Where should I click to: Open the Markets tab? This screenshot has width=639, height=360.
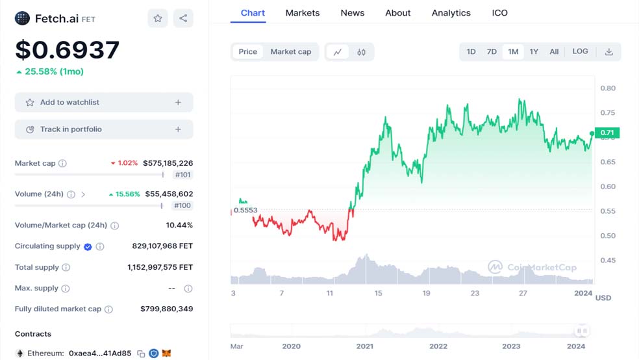click(303, 13)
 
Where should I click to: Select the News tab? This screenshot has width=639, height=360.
click(353, 13)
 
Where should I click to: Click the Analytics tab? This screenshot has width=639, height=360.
click(451, 13)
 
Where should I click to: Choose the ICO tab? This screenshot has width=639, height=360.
click(499, 13)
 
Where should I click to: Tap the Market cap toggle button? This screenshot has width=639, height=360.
click(290, 52)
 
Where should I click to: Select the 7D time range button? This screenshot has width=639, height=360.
click(492, 52)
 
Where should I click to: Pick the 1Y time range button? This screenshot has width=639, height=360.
click(534, 52)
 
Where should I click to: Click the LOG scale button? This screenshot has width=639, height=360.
click(580, 51)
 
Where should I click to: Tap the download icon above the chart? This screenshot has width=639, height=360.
click(609, 52)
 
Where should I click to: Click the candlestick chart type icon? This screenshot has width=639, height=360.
click(361, 52)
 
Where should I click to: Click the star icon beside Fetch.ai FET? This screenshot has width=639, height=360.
click(158, 18)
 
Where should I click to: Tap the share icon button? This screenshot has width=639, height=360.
click(183, 18)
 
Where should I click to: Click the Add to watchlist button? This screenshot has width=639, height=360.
click(104, 102)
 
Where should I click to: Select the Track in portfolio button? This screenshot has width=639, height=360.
click(104, 129)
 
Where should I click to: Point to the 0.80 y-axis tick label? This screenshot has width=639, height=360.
click(608, 88)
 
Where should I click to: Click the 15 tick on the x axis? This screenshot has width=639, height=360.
click(378, 293)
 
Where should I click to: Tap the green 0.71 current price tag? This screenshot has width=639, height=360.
click(607, 133)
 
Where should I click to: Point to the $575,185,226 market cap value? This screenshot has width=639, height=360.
click(168, 163)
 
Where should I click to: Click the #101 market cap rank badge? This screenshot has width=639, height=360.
click(182, 175)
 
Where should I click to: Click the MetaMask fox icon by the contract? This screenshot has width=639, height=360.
click(166, 353)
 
